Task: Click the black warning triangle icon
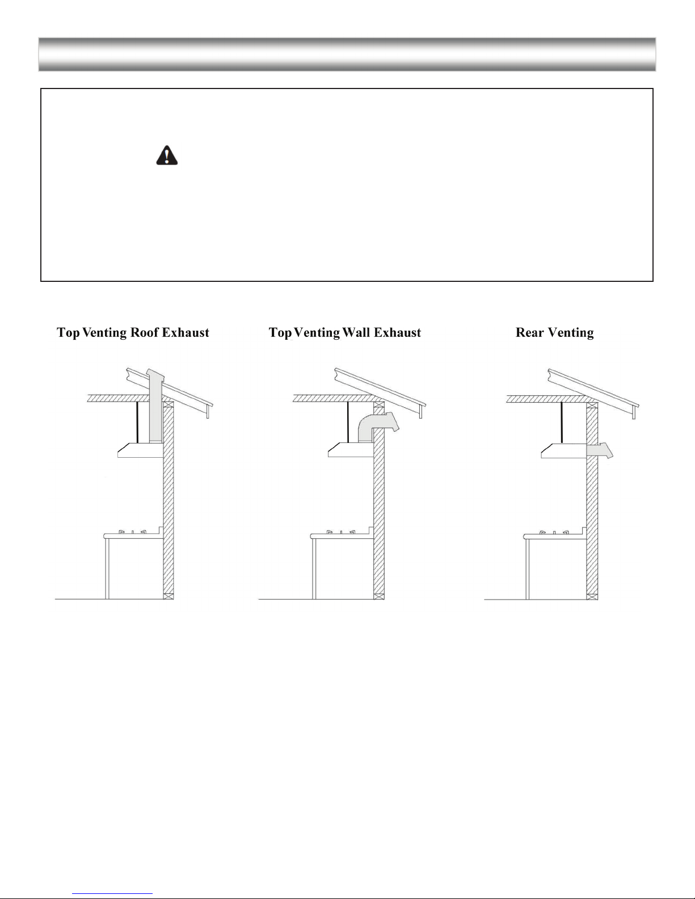[167, 155]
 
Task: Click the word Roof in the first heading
[144, 332]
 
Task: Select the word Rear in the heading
[529, 332]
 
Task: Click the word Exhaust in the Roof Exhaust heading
[186, 332]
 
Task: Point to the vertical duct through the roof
[155, 406]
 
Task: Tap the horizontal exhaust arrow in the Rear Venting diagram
[600, 450]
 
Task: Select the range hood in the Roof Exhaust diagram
[140, 450]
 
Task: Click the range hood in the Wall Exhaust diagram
[351, 450]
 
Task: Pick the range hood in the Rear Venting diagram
[564, 451]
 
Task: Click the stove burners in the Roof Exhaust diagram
[132, 532]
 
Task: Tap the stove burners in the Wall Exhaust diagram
[340, 532]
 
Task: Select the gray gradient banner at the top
[347, 54]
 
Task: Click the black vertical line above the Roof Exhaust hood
[137, 423]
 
